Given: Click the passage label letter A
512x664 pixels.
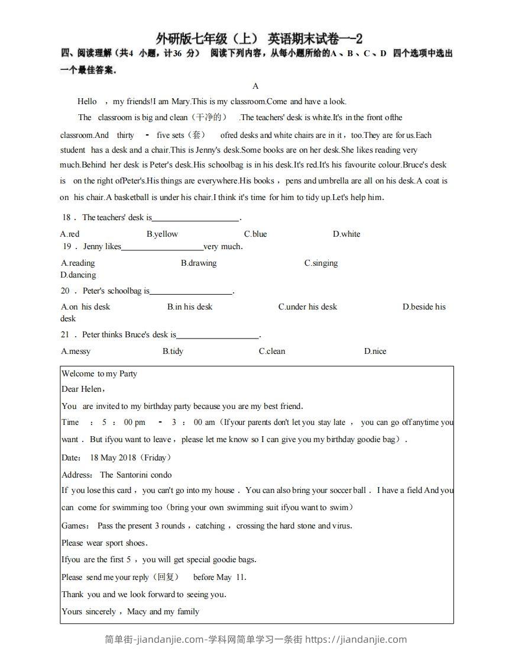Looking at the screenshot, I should coord(255,86).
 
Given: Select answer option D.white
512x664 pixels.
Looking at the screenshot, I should coord(346,234).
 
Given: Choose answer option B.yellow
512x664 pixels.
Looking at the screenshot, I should coord(162,234).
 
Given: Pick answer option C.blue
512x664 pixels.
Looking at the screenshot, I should coord(255,234).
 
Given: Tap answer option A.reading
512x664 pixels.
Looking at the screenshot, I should coord(77,263).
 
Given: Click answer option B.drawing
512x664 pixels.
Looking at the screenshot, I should coord(199,263).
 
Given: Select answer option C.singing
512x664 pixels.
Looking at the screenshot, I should coord(321,263).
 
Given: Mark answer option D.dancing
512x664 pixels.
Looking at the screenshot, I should coord(78,275).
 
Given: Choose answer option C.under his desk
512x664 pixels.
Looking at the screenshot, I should coord(307,307).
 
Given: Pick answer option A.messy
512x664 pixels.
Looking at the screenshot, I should coord(76,351).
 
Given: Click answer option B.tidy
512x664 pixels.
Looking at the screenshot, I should coord(173,351).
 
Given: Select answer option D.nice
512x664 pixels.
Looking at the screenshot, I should coord(375,351).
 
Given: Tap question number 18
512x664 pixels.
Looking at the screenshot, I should coord(66,218).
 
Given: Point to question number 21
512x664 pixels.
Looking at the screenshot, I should coord(65,334).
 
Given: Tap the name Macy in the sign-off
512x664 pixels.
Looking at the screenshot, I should coord(137,611).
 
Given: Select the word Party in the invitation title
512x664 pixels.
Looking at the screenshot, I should coord(128,373).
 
